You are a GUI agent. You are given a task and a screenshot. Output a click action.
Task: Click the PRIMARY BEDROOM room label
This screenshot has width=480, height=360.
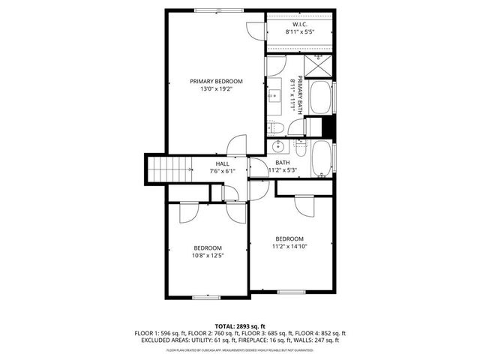pos(216,81)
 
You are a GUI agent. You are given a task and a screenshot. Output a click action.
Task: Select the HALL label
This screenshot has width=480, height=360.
pos(222,163)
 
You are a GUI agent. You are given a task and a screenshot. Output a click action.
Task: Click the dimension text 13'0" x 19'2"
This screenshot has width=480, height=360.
pos(216,89)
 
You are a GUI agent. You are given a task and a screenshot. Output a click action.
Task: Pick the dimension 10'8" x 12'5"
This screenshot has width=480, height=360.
pos(208,256)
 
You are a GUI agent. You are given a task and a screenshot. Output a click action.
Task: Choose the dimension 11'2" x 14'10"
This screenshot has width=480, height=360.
pos(289,246)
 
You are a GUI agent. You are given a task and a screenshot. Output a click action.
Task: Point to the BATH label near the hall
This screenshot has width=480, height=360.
pos(282,163)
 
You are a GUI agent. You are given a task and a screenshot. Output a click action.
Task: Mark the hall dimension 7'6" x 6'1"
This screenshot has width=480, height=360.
pos(222,171)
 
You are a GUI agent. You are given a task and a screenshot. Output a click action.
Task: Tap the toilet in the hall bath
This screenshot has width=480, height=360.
pos(299,148)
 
